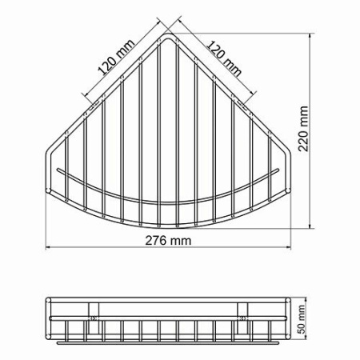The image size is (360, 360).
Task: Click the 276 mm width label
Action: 165,241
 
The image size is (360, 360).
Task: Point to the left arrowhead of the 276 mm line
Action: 47,249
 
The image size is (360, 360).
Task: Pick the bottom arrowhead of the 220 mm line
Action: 311,226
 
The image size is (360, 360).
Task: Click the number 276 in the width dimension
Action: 154,241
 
